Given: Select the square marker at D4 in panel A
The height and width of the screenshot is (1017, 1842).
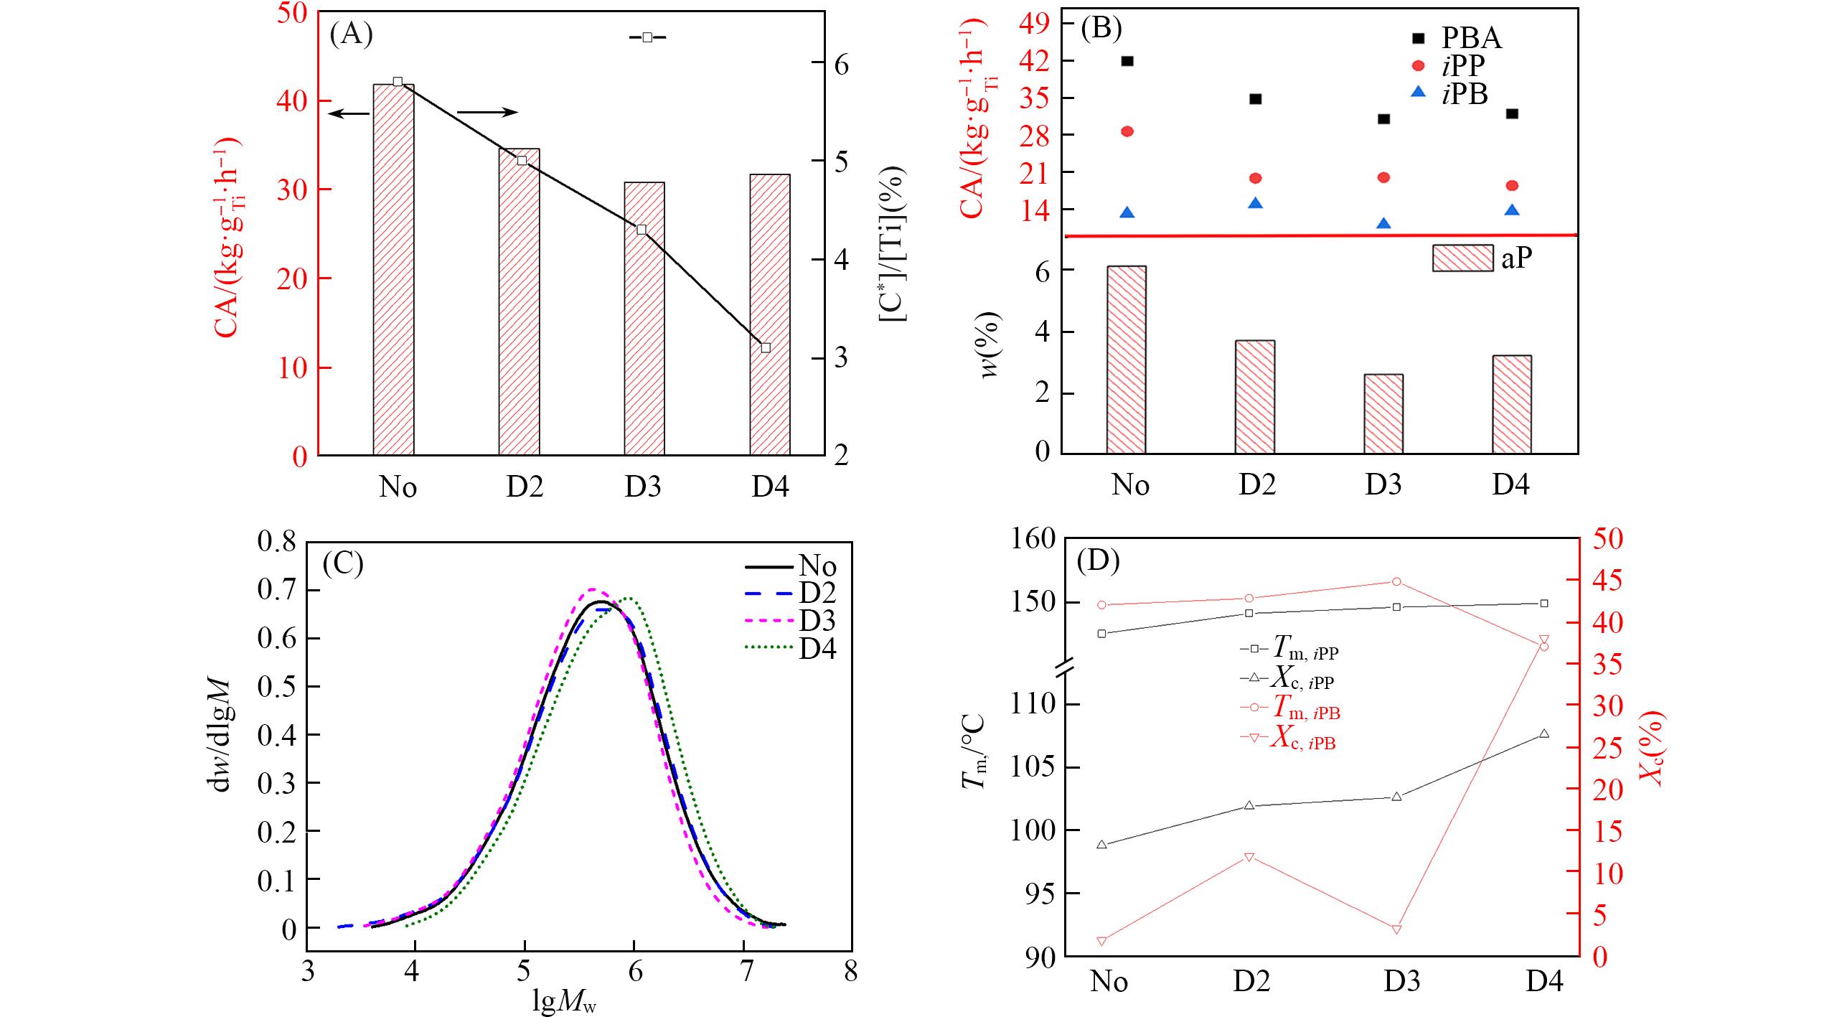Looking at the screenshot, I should tap(766, 347).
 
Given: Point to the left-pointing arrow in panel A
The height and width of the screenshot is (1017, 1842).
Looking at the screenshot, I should tap(348, 113).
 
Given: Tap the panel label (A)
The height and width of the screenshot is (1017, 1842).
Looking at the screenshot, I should tap(351, 34).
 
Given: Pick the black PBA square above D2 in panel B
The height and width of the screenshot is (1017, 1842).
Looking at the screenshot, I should tap(1255, 99).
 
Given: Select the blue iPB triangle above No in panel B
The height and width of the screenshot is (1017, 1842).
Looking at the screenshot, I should tap(1127, 212).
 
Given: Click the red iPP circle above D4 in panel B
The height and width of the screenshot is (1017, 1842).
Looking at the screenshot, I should tap(1512, 185).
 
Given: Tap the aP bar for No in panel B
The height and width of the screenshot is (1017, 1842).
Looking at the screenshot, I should tap(1127, 360).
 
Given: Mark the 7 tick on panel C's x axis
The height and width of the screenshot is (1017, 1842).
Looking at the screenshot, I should tap(745, 973).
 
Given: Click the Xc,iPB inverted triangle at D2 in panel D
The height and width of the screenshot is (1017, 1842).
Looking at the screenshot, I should tap(1249, 858).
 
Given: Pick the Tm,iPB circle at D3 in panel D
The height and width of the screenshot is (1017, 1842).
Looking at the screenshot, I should tap(1397, 581).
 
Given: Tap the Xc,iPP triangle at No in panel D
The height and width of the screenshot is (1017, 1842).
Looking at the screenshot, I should tap(1102, 844).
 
